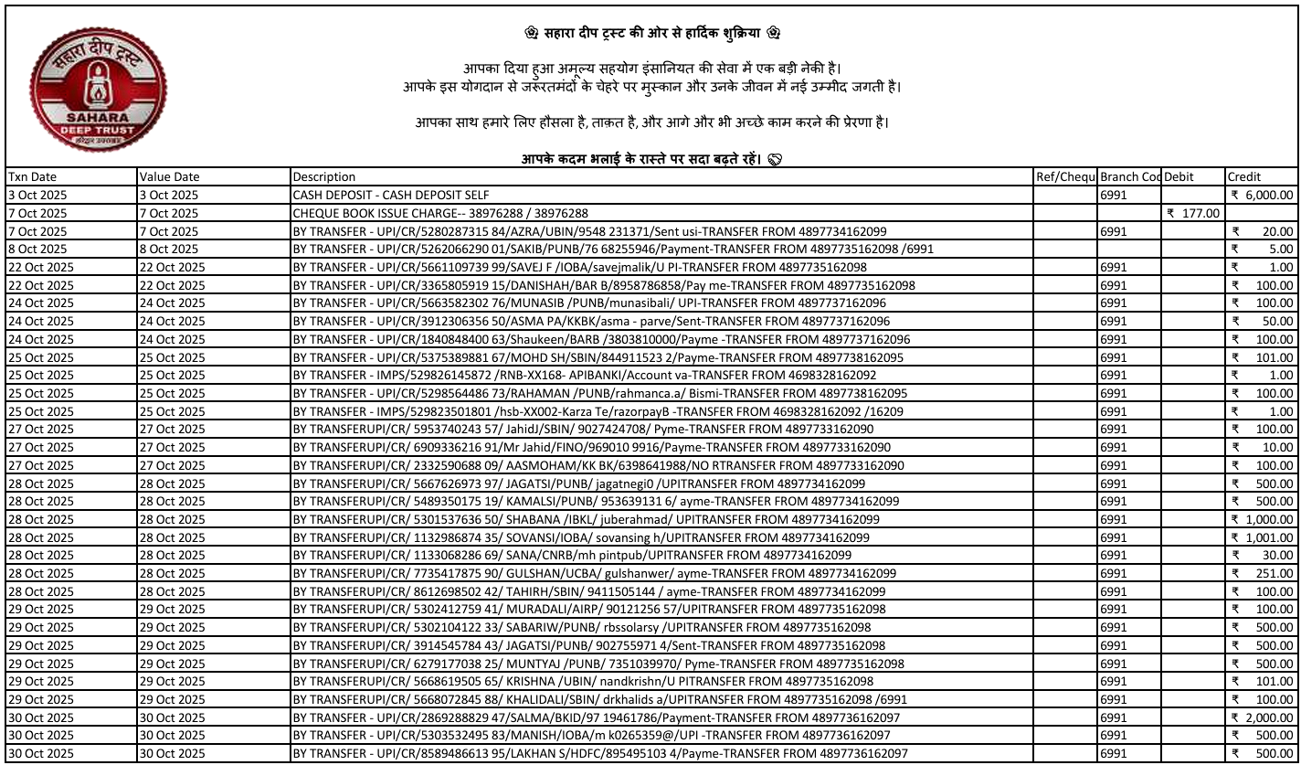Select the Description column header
[324, 177]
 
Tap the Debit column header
[1179, 177]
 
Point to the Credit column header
[1244, 177]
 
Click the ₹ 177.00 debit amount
[1193, 213]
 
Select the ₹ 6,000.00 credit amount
[1262, 195]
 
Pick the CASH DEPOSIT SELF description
[391, 195]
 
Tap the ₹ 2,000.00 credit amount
[1262, 717]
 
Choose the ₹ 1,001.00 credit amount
[1262, 537]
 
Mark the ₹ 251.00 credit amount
[1264, 573]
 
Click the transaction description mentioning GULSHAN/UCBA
[594, 573]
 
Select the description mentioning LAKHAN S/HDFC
[600, 753]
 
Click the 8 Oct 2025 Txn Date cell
[37, 249]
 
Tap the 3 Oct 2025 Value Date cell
[166, 195]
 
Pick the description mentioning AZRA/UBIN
[589, 231]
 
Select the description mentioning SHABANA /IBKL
[586, 519]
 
